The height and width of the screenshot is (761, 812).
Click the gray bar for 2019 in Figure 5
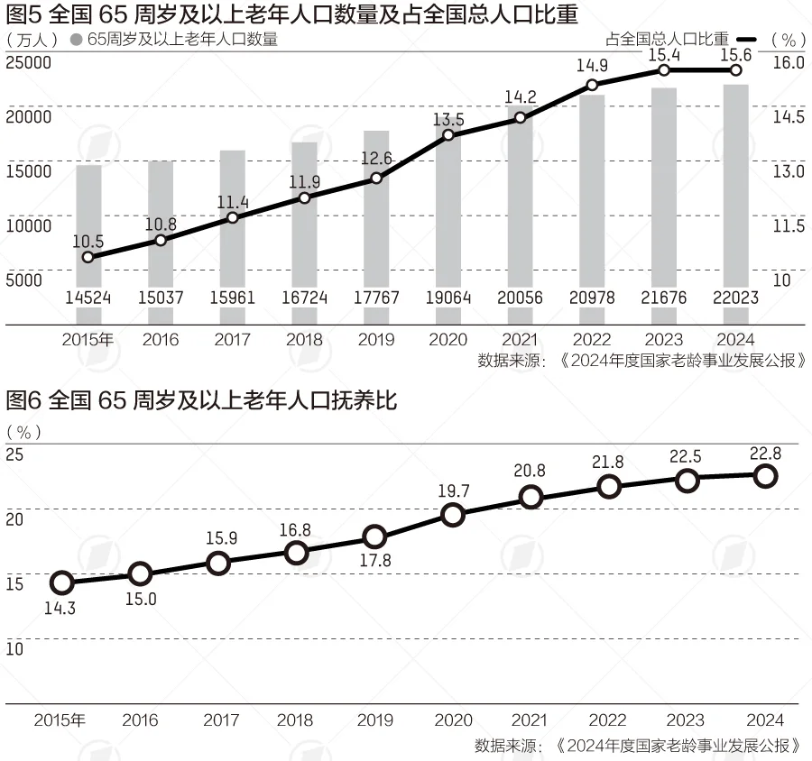point(376,234)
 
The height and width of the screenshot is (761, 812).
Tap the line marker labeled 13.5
point(448,135)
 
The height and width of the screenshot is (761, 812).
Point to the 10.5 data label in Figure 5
point(87,240)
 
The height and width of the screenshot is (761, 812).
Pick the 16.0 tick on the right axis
point(788,62)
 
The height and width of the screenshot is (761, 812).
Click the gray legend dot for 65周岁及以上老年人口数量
point(76,40)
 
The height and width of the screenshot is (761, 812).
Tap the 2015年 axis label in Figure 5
point(88,340)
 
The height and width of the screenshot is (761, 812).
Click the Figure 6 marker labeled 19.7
point(453,515)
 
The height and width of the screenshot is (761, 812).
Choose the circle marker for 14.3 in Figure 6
point(61,583)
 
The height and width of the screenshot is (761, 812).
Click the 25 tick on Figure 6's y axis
point(14,454)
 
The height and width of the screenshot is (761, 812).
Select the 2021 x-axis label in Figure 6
point(530,720)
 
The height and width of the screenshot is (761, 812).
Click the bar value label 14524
point(88,298)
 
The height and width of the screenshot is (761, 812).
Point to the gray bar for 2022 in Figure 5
point(592,207)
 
